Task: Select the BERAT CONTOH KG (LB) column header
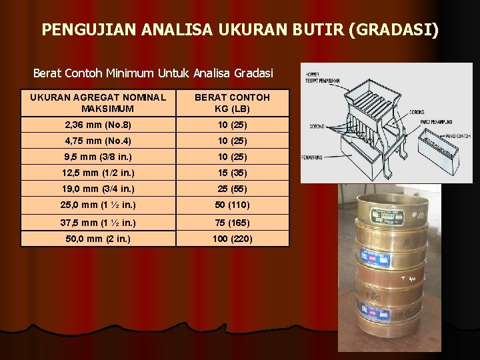(232, 103)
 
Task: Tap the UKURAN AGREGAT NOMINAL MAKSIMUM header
(98, 103)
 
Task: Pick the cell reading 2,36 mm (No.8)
(98, 125)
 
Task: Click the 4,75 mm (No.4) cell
(98, 141)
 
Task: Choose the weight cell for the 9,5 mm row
(232, 157)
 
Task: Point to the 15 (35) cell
(232, 173)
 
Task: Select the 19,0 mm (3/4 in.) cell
(98, 189)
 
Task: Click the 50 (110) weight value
(232, 205)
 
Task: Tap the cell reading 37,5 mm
(98, 222)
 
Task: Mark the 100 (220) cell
(232, 238)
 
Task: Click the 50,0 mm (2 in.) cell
(98, 238)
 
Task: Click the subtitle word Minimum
(133, 72)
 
